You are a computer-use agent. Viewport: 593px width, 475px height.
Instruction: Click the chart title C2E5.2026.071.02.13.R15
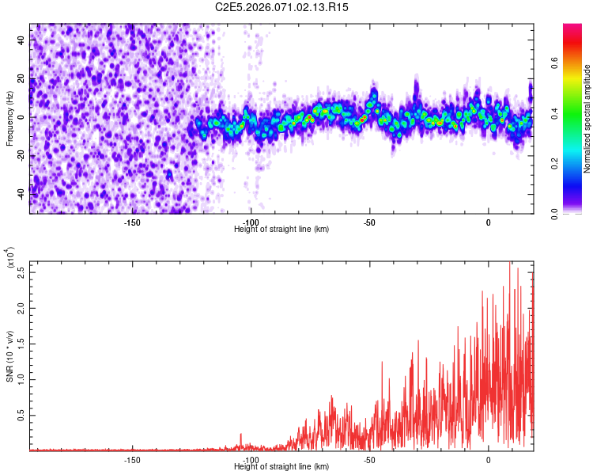tap(282, 7)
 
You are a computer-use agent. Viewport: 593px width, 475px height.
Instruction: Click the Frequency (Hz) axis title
tap(9, 118)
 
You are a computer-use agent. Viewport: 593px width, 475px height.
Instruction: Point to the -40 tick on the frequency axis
tap(21, 192)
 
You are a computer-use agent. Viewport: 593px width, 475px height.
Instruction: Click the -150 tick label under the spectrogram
tap(132, 222)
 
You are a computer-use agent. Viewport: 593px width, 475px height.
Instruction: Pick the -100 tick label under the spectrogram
tap(251, 222)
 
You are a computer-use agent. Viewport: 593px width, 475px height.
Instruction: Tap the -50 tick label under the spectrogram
tap(369, 222)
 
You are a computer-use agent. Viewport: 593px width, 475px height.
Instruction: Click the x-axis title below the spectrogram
tap(281, 229)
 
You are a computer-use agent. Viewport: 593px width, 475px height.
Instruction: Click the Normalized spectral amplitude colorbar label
tap(587, 119)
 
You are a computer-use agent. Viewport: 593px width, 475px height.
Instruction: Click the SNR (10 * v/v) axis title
tap(9, 356)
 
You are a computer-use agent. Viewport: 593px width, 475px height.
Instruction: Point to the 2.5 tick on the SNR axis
tap(20, 275)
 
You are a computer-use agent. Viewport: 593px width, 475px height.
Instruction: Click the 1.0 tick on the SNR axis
tap(20, 378)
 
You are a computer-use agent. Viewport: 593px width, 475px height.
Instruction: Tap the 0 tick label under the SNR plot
tap(488, 459)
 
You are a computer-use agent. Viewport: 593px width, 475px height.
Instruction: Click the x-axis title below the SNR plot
tap(281, 466)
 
